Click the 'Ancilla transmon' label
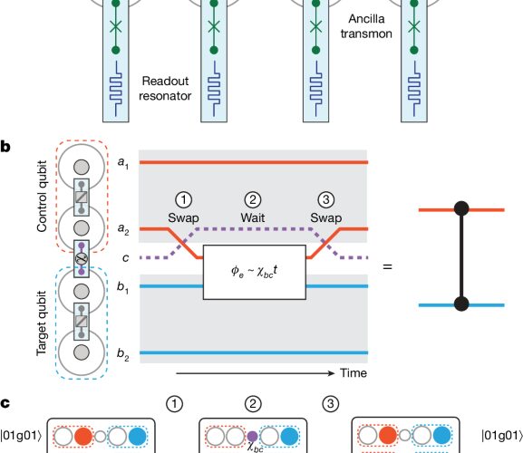[366, 26]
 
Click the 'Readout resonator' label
[165, 88]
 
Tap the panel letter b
[5, 147]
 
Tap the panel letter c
[5, 403]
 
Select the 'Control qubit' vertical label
[42, 197]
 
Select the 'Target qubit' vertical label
[42, 323]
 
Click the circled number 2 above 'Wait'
[253, 199]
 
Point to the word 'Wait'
[253, 217]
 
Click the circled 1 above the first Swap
[183, 199]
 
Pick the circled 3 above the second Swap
[326, 199]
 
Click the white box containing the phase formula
[255, 272]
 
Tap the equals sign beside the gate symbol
[387, 266]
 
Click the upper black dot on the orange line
[461, 209]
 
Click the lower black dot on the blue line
[461, 304]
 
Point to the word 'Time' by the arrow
[354, 372]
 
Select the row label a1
[123, 163]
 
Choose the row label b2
[122, 354]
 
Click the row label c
[125, 258]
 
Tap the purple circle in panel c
[253, 436]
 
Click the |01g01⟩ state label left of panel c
[21, 436]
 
